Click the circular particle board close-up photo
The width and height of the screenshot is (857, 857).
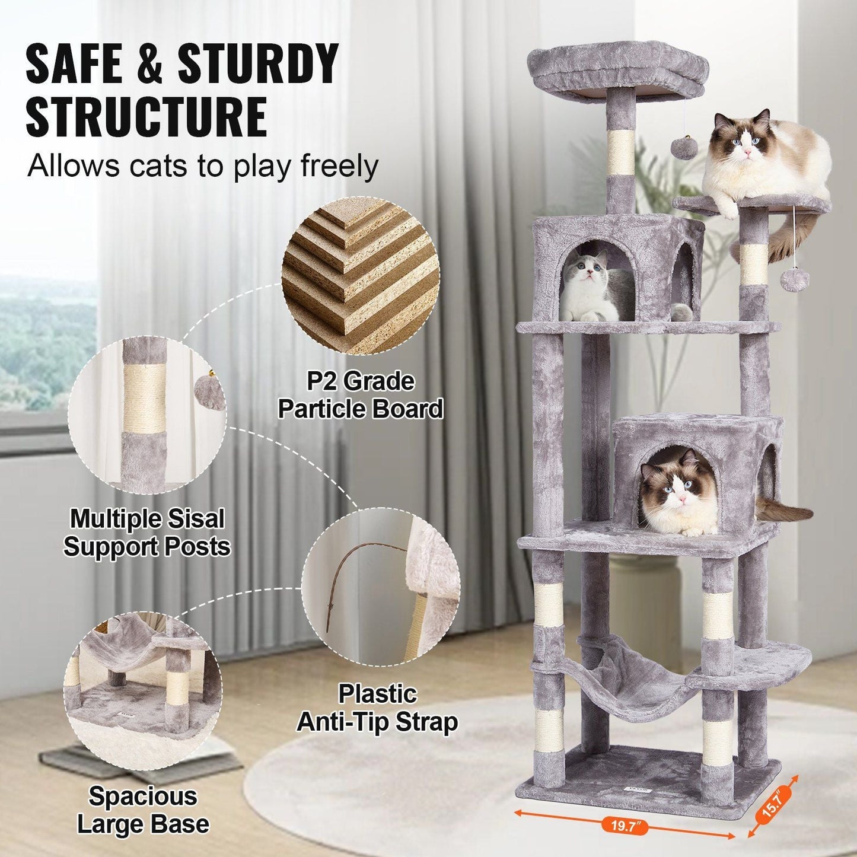pos(361,276)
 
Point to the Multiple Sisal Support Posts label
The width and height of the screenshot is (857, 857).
pos(146,533)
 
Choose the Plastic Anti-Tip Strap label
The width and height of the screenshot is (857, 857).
pos(377,708)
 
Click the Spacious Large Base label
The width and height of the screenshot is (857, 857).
pos(143,810)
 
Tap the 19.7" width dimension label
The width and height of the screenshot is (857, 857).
pos(622,824)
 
